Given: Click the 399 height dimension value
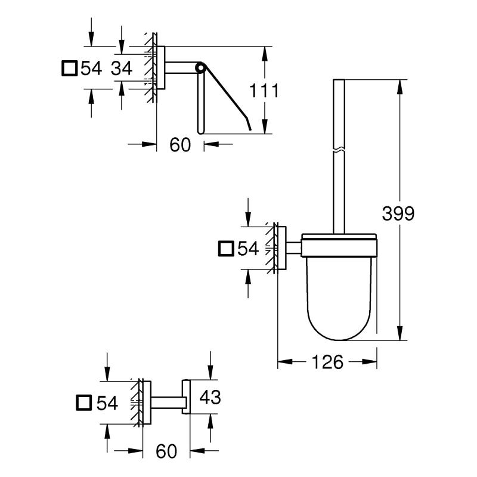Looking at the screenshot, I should pyautogui.click(x=398, y=213).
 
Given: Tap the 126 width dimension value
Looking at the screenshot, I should pyautogui.click(x=327, y=362).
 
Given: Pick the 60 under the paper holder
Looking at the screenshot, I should pyautogui.click(x=180, y=144).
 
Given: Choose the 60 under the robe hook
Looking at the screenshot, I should pyautogui.click(x=166, y=451).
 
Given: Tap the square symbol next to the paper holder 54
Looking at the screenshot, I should pyautogui.click(x=70, y=69).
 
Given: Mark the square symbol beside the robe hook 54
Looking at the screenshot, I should pyautogui.click(x=85, y=403).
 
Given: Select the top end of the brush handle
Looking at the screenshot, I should pyautogui.click(x=337, y=81).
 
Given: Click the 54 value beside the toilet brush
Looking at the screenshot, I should pyautogui.click(x=248, y=248).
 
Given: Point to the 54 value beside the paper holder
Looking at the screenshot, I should pyautogui.click(x=91, y=69).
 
